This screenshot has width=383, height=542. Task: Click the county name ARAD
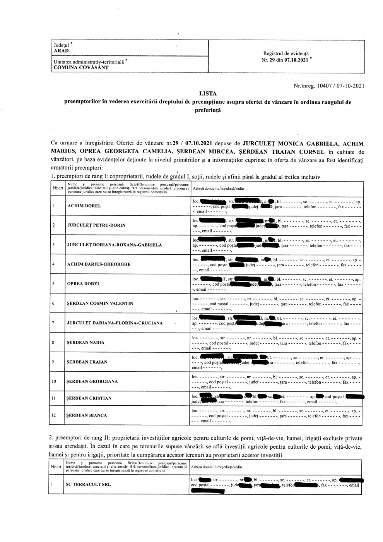click(x=61, y=51)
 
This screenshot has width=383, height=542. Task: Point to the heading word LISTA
click(x=208, y=93)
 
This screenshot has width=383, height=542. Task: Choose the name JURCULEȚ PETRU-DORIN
click(x=96, y=225)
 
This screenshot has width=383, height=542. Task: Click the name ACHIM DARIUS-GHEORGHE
click(x=99, y=264)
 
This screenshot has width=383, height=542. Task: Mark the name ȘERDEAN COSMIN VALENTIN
click(x=100, y=303)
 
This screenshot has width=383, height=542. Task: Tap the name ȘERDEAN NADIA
click(x=85, y=342)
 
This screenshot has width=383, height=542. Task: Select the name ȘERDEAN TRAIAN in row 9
click(x=87, y=362)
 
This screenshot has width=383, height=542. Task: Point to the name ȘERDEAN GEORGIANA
click(x=92, y=381)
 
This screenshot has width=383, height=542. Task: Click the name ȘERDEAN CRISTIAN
click(x=89, y=398)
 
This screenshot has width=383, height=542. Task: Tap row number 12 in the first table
click(x=54, y=415)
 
